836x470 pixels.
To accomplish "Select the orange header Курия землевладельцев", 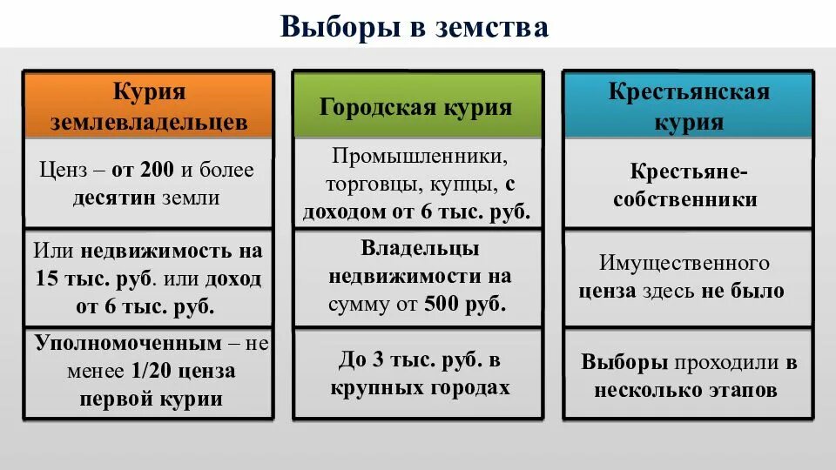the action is click(x=149, y=105).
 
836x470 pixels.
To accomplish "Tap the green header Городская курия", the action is click(x=415, y=107).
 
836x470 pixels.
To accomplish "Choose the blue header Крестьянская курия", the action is click(x=689, y=105).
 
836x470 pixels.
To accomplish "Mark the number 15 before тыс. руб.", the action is click(x=46, y=280).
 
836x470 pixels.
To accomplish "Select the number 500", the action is click(x=442, y=305).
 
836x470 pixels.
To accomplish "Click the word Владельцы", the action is click(x=420, y=248).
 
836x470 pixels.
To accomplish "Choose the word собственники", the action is click(x=684, y=199).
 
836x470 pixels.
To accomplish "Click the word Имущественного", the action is click(x=684, y=263).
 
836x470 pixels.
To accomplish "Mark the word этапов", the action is click(x=742, y=391).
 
